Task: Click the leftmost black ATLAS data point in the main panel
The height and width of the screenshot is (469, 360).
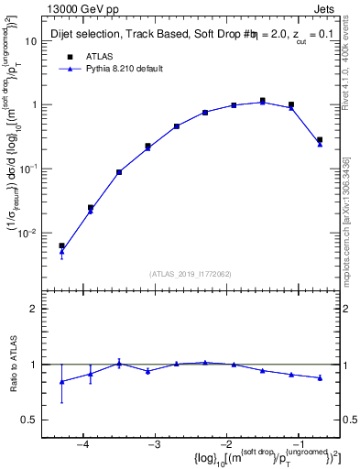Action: pyautogui.click(x=61, y=245)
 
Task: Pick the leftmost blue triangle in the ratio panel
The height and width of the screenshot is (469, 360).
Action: pyautogui.click(x=61, y=381)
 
